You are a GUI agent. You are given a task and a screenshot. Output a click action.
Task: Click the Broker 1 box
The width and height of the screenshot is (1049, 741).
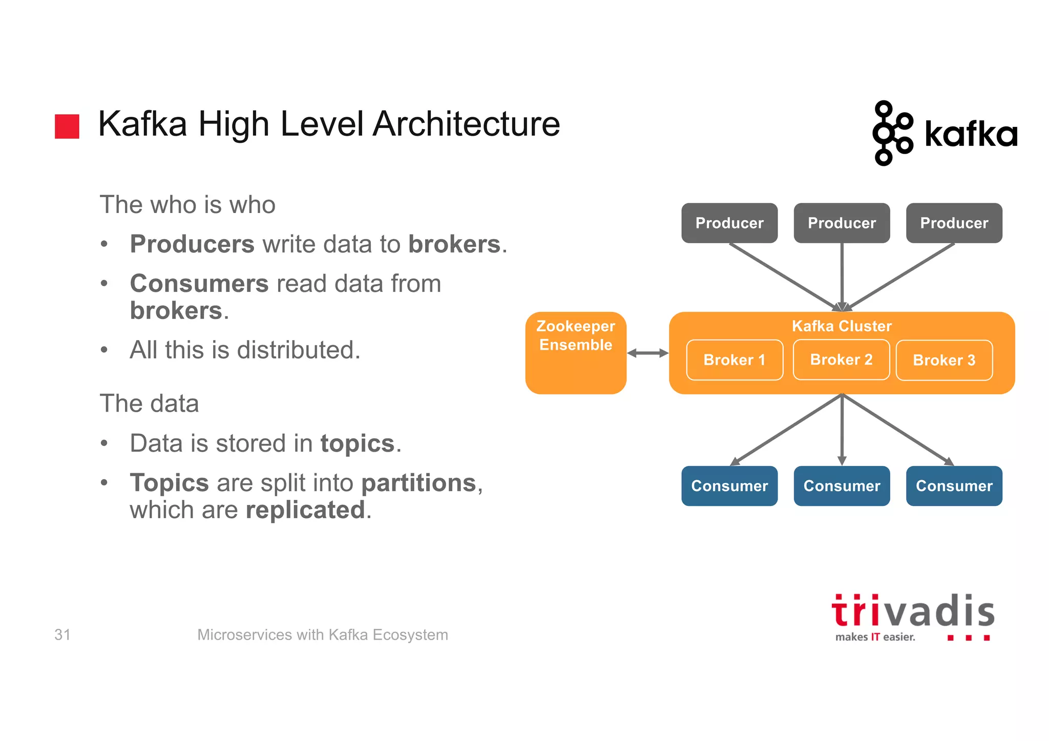[x=734, y=360]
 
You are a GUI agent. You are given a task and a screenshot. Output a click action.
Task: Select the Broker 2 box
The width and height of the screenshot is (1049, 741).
[x=841, y=359]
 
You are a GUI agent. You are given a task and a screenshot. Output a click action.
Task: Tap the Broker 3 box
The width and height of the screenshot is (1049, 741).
[x=944, y=360]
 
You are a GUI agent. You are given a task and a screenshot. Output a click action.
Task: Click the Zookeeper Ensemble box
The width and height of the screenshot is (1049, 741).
[x=576, y=353]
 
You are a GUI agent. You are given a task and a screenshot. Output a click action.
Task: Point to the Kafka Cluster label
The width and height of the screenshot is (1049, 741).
[x=842, y=326]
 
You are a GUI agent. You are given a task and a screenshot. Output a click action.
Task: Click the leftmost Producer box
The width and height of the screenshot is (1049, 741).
[x=729, y=223]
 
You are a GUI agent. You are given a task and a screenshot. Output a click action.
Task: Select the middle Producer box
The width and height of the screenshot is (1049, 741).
[x=842, y=223]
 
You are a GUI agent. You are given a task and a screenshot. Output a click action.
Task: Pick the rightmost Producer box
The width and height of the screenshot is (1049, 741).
[x=954, y=223]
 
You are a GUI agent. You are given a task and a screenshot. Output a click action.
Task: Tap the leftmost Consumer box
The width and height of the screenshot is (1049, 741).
[x=729, y=486]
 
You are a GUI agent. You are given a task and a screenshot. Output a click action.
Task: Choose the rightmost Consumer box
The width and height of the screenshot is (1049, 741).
[x=954, y=486]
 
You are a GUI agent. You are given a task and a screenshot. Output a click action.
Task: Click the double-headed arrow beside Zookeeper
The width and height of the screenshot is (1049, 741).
[x=647, y=353]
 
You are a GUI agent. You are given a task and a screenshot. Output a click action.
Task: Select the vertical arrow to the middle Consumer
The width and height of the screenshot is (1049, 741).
[x=842, y=430]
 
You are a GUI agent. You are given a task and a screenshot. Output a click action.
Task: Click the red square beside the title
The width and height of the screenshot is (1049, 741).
[x=67, y=126]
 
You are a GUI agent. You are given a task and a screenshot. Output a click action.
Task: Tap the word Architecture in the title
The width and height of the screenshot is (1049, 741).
[x=466, y=124]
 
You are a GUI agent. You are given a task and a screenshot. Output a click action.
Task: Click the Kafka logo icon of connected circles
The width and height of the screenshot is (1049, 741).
[x=892, y=133]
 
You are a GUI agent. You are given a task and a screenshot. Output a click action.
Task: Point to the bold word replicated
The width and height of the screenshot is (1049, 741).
[x=305, y=510]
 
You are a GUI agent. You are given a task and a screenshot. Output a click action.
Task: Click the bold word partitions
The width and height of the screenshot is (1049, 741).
[x=419, y=483]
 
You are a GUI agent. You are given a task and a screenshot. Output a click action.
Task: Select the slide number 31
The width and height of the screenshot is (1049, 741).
[x=62, y=634]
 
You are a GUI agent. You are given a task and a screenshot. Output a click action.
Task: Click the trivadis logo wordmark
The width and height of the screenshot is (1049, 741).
[x=913, y=612]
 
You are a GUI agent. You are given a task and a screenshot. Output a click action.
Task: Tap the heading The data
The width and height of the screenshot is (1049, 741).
[x=149, y=403]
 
